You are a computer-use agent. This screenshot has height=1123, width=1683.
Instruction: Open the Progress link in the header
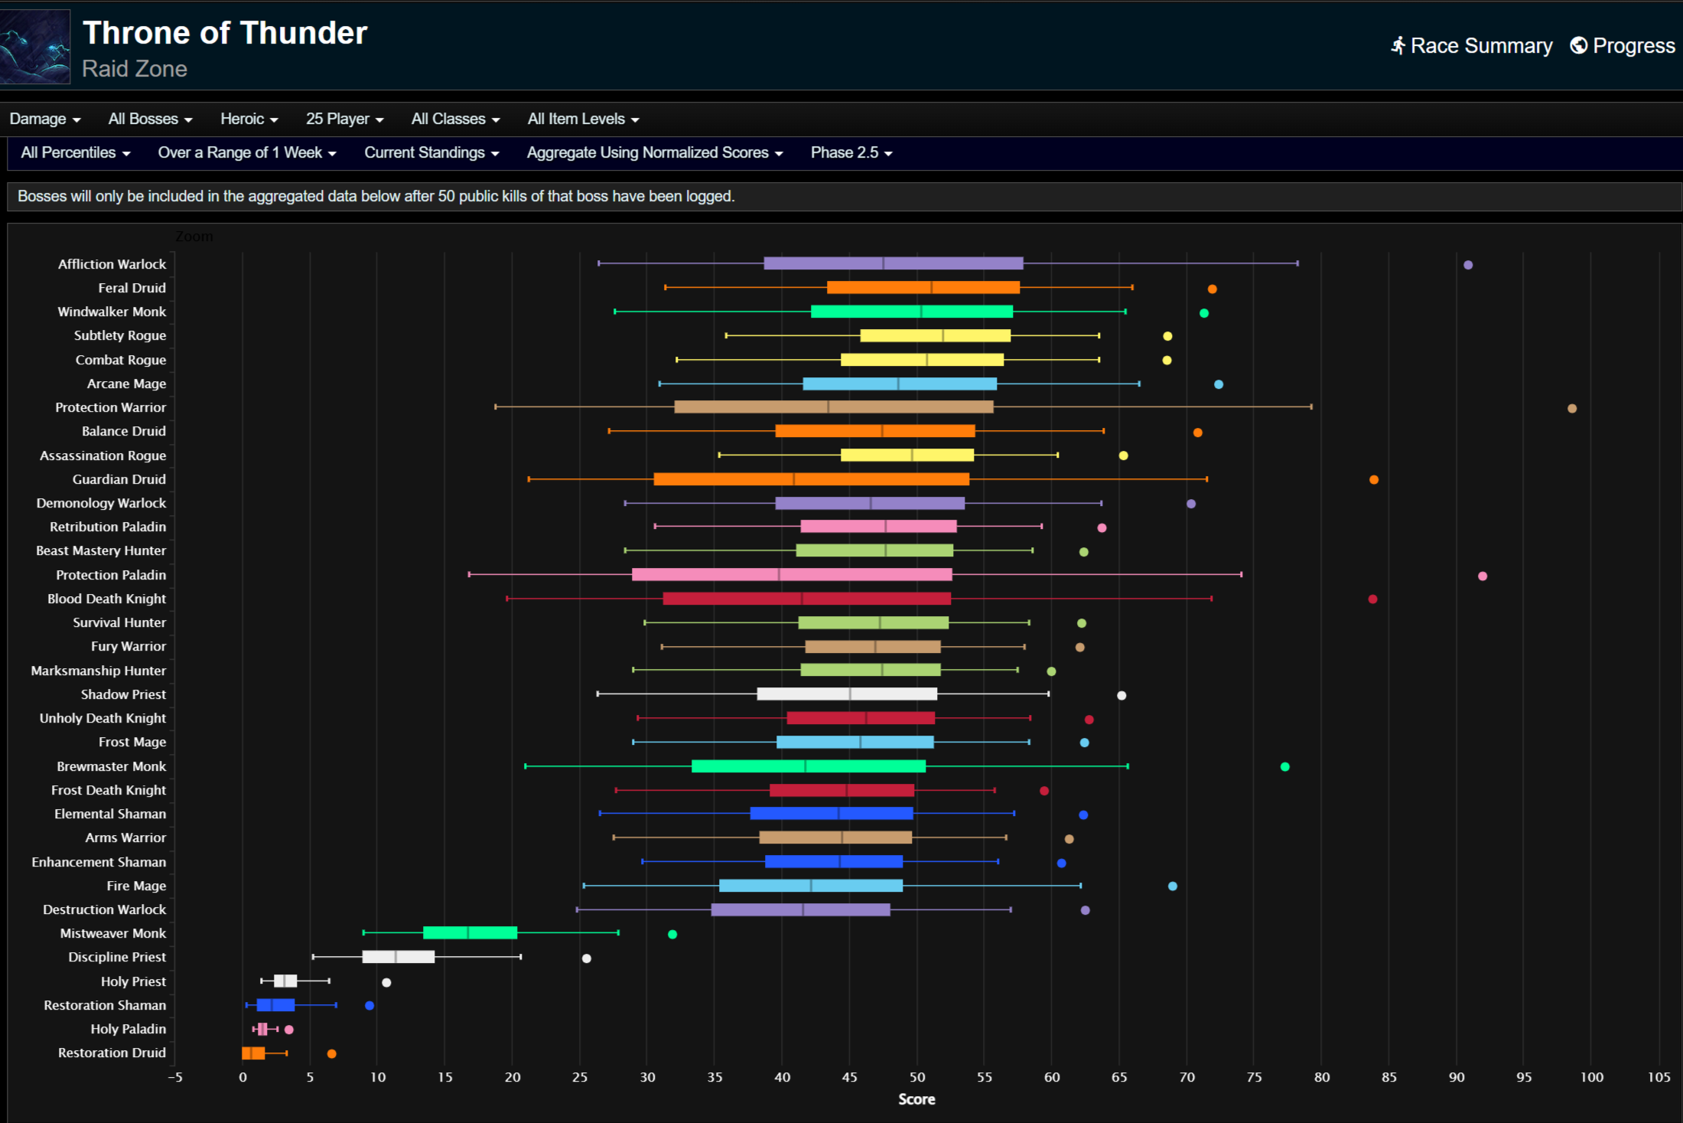click(1623, 46)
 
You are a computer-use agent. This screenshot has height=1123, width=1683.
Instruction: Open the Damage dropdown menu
click(44, 119)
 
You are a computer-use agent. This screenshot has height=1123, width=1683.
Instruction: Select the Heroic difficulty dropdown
click(249, 119)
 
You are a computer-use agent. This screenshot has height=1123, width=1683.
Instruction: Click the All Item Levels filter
click(583, 119)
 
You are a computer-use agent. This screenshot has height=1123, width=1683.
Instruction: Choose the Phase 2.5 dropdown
click(851, 152)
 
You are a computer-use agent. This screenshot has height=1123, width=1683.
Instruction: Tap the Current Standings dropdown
click(431, 152)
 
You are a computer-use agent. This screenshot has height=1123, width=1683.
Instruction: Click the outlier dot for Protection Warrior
click(1572, 408)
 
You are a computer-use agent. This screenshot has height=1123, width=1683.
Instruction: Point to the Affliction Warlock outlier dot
click(1468, 265)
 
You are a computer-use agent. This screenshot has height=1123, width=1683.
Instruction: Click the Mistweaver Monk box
click(470, 932)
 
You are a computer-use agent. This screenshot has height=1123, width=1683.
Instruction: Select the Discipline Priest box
click(398, 957)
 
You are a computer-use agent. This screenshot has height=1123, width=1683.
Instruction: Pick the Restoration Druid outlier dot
click(331, 1053)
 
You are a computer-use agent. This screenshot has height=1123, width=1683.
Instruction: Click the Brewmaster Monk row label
click(111, 766)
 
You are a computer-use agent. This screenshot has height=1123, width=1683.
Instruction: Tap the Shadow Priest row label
click(123, 694)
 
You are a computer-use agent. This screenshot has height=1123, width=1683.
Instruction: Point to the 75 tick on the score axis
click(1255, 1077)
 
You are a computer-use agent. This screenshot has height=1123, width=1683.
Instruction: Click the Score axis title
click(916, 1099)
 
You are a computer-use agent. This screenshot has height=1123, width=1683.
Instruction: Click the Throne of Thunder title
click(225, 33)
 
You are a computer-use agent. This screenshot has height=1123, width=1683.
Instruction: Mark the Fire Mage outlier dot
click(1173, 886)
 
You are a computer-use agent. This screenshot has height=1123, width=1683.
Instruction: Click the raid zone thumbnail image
click(35, 47)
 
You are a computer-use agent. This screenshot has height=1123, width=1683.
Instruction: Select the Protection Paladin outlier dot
click(1483, 576)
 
